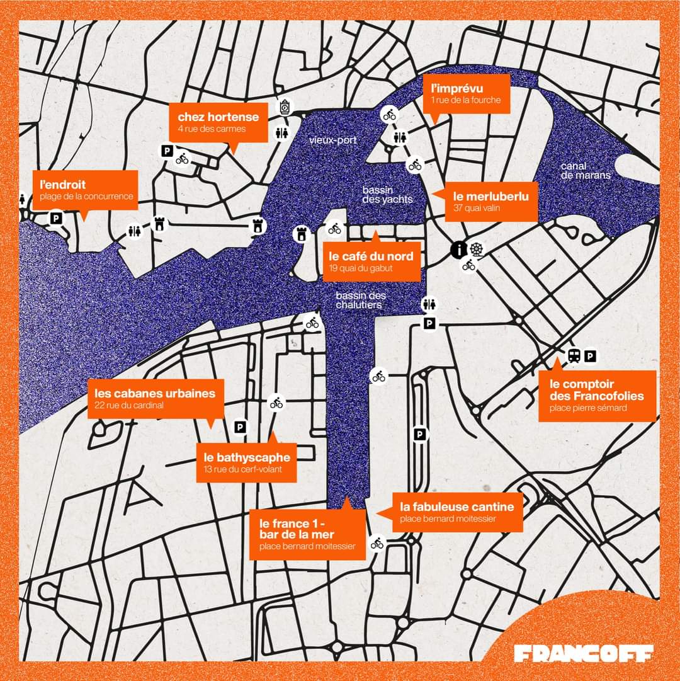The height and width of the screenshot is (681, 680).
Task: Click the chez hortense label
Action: (218, 122)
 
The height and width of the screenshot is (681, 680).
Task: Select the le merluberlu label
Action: (492, 202)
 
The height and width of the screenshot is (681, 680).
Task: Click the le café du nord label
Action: (371, 261)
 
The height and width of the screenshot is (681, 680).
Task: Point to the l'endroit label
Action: (86, 190)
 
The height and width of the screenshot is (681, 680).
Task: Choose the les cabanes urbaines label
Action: (156, 399)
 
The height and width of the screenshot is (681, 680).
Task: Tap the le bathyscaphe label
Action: (246, 463)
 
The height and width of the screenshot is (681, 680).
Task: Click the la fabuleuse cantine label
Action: (457, 513)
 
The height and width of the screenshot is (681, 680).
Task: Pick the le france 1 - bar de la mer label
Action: (307, 534)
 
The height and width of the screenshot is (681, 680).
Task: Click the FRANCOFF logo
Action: (584, 653)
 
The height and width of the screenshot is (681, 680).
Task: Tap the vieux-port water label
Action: (333, 140)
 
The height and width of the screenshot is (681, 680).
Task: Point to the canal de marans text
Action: (586, 171)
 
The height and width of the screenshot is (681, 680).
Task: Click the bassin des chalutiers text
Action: (361, 300)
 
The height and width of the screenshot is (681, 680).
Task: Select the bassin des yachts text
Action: (387, 195)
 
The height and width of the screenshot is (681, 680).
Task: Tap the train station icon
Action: (574, 356)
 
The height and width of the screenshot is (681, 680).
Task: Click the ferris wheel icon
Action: (477, 249)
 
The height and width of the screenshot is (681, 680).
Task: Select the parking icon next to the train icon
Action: (590, 357)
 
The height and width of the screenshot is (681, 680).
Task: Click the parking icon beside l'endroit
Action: (56, 218)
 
